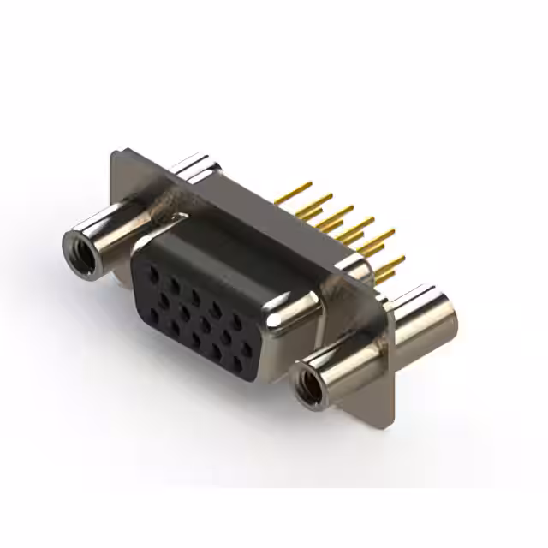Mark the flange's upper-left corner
[116, 155]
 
